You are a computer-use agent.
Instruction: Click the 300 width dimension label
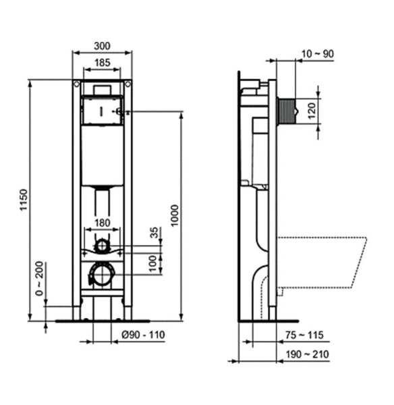(102, 46)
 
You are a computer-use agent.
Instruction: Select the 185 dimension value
(102, 63)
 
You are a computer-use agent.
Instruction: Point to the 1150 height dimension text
(23, 202)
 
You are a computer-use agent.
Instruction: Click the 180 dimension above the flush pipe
(102, 223)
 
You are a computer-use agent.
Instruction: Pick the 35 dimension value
(154, 234)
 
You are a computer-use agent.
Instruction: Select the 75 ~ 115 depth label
(304, 335)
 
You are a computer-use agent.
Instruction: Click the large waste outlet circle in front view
(102, 274)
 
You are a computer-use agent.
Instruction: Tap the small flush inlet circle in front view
(102, 246)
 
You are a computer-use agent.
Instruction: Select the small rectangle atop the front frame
(102, 88)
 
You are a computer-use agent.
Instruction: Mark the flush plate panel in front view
(101, 111)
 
